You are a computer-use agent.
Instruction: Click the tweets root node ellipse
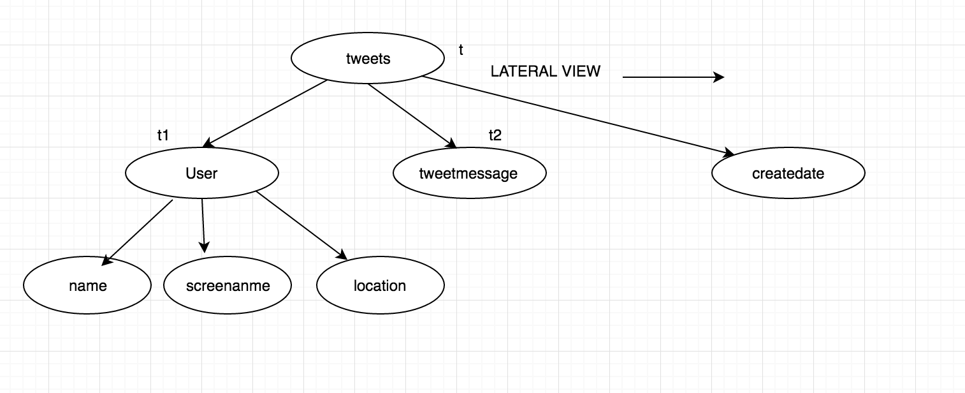pos(368,59)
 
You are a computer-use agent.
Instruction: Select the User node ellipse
pos(202,173)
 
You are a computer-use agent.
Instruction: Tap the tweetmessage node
pos(469,174)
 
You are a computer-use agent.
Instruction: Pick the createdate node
pos(788,174)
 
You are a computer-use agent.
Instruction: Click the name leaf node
pos(87,286)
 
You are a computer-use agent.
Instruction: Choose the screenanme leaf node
pos(228,286)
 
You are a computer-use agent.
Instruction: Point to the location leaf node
pos(380,286)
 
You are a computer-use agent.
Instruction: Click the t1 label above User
pos(163,135)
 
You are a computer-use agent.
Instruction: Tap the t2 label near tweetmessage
pos(495,135)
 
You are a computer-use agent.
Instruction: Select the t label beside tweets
pos(461,50)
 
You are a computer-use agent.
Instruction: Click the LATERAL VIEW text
pos(545,71)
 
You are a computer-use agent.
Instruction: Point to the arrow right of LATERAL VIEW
pos(672,77)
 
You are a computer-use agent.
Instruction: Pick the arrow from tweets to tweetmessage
pos(412,115)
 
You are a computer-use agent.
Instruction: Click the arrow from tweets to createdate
pos(577,115)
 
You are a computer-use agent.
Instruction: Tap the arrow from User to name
pos(138,231)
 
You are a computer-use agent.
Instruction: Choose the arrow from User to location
pos(301,225)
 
